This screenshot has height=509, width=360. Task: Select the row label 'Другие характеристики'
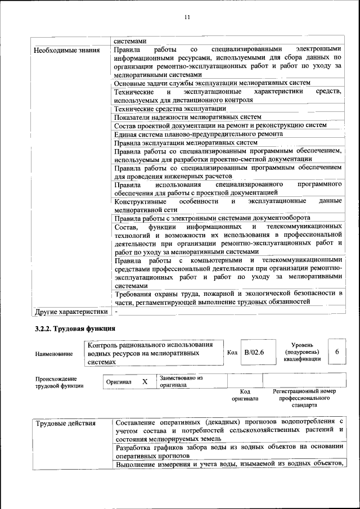pos(71,311)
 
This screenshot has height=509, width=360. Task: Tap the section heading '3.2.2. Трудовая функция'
pos(76,328)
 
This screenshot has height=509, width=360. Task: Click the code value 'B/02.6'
pos(254,352)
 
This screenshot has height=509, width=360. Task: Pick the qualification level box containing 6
pos(336,352)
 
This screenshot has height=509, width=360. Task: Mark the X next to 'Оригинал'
pos(145,381)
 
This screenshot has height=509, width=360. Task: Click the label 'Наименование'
pos(54,353)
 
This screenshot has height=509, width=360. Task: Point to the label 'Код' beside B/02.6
pos(232,352)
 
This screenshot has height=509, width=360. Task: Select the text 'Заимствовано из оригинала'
pos(181,381)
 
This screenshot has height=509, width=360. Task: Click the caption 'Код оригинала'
pos(245,395)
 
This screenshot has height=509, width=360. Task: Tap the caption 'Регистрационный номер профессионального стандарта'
pos(304,398)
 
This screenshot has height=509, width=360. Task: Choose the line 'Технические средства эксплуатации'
pos(170,109)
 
